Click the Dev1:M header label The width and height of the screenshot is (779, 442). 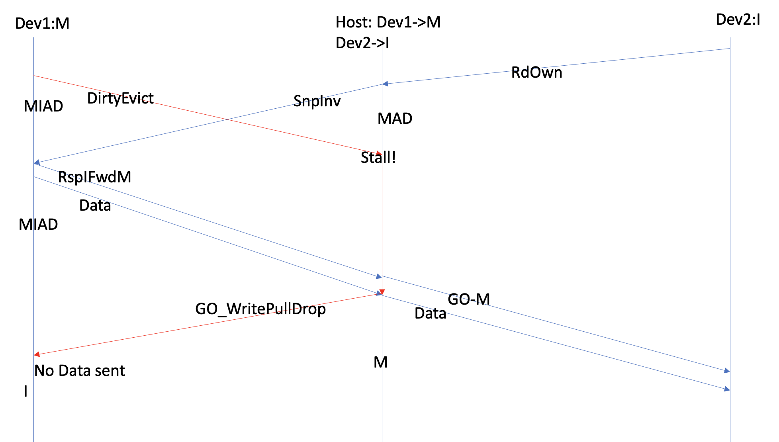(x=42, y=24)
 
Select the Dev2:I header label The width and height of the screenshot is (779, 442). (x=738, y=20)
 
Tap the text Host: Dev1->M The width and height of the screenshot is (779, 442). (x=388, y=22)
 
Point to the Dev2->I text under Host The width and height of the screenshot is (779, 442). (x=362, y=43)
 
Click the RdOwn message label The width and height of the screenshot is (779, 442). (x=536, y=73)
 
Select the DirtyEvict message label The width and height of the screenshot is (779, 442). (x=120, y=98)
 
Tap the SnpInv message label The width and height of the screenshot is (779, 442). (x=317, y=101)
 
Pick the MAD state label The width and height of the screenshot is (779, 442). (x=395, y=119)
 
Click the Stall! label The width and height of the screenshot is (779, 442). (x=378, y=158)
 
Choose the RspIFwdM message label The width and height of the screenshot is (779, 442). (x=94, y=177)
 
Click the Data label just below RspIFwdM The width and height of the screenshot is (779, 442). (x=95, y=205)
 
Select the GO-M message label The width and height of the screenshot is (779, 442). (x=469, y=299)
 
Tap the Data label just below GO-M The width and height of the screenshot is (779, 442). (x=430, y=314)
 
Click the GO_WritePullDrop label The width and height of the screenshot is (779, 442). (x=260, y=309)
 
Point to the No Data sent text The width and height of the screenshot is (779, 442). (x=80, y=371)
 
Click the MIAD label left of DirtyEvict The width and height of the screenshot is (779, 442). (x=43, y=106)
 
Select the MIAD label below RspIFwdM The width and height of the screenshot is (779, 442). (x=38, y=225)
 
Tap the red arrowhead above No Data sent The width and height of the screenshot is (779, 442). (x=37, y=354)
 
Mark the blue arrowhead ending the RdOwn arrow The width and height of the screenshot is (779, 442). (x=385, y=84)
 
